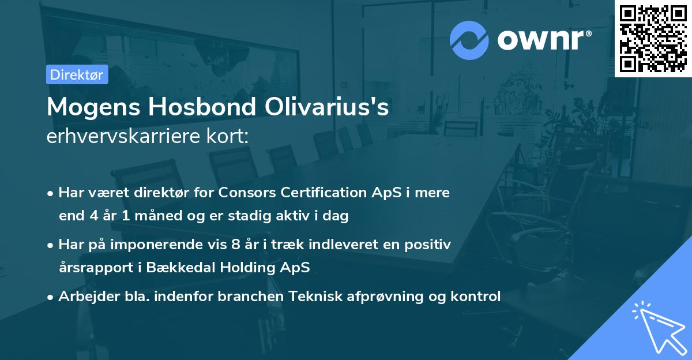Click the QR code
(653, 39)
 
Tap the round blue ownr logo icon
(469, 40)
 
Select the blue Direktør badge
(77, 74)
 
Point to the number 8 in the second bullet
(235, 245)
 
